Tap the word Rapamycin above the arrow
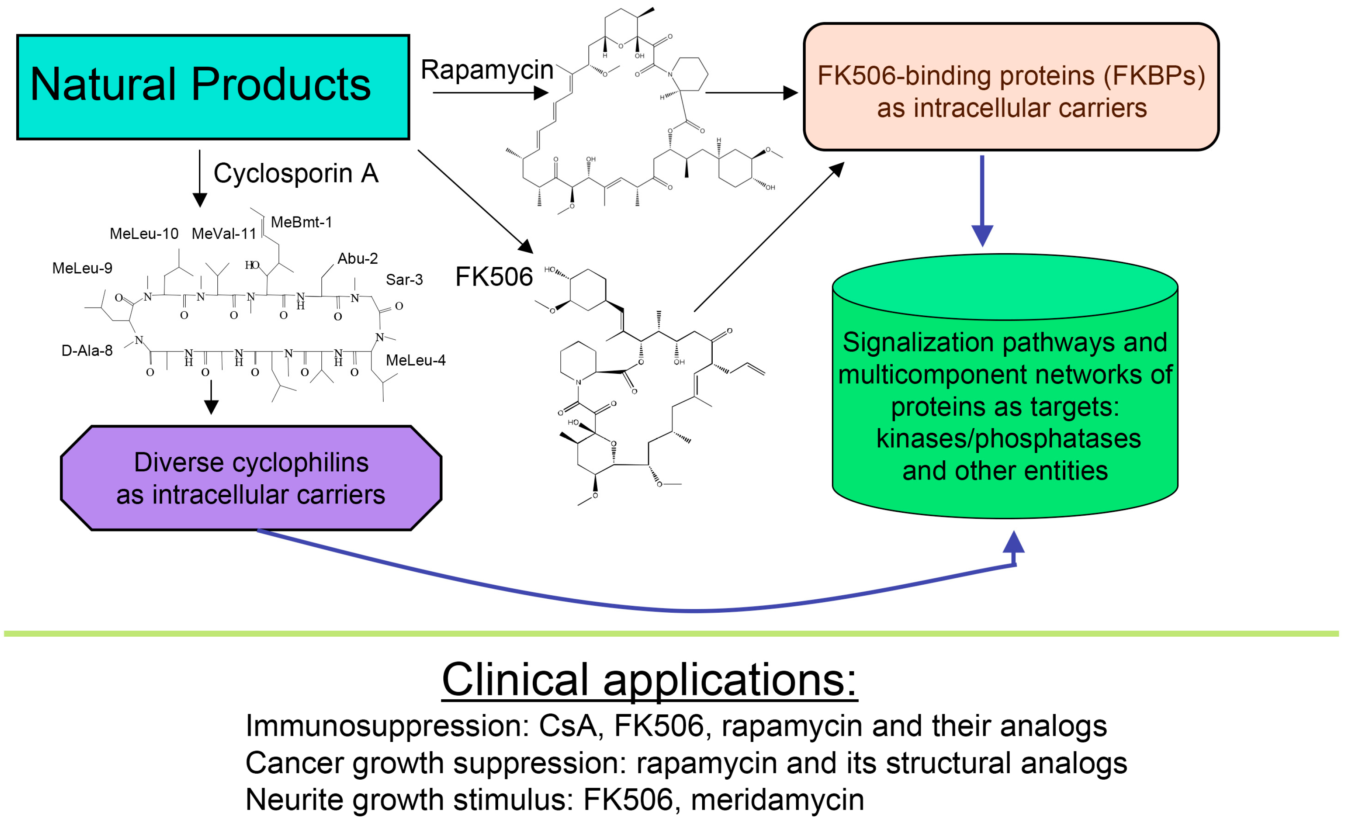coord(487,70)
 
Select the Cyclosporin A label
coord(296,173)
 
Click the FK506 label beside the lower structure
coord(493,276)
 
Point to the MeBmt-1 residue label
coord(301,222)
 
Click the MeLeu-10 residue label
coord(144,234)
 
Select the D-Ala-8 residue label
coord(87,350)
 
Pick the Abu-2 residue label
coord(358,258)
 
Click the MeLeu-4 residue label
coord(416,360)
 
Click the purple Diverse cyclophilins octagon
coord(251,478)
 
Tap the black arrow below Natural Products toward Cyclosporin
coord(200,178)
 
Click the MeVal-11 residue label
coord(224,234)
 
